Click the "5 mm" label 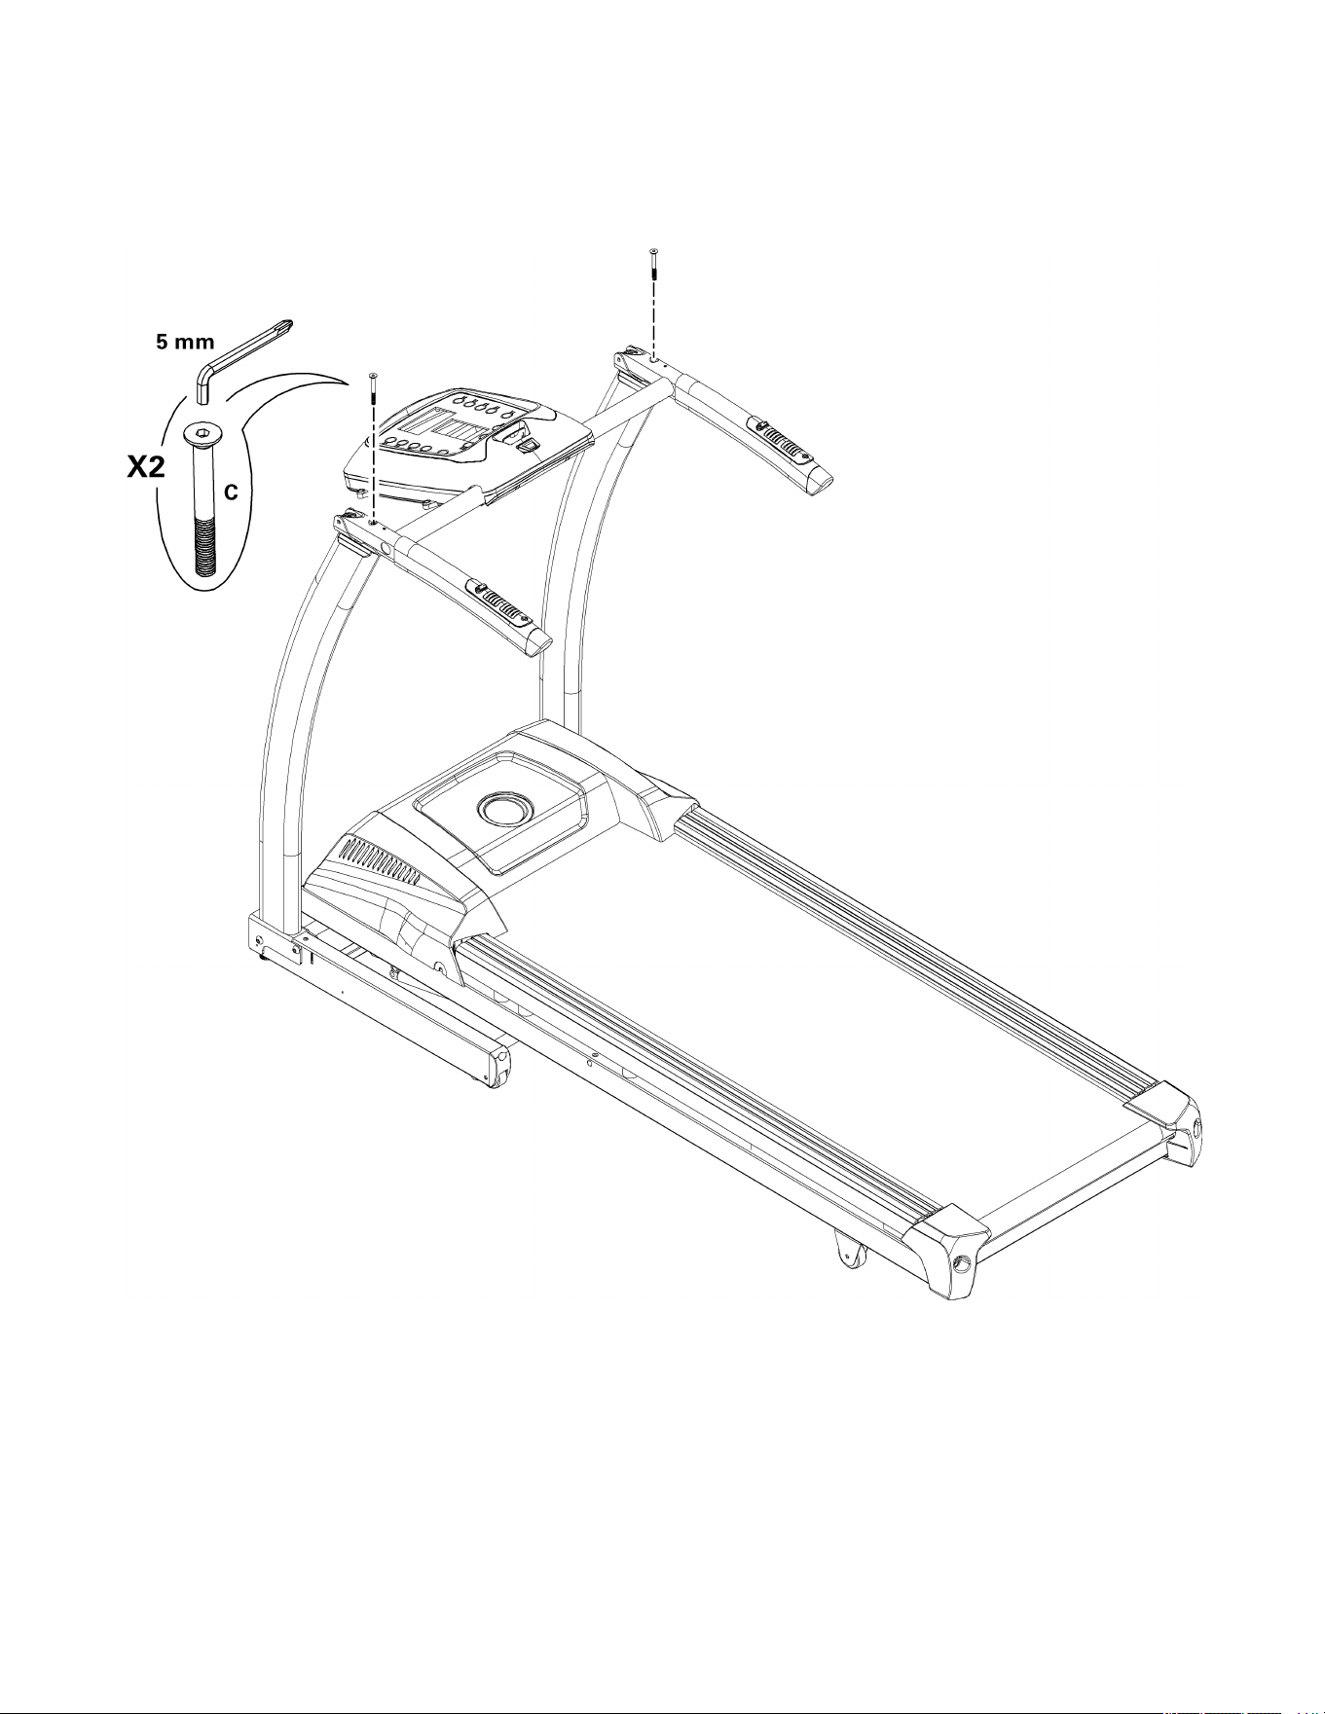[186, 344]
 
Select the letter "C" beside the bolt [232, 494]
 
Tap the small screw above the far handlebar [653, 266]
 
